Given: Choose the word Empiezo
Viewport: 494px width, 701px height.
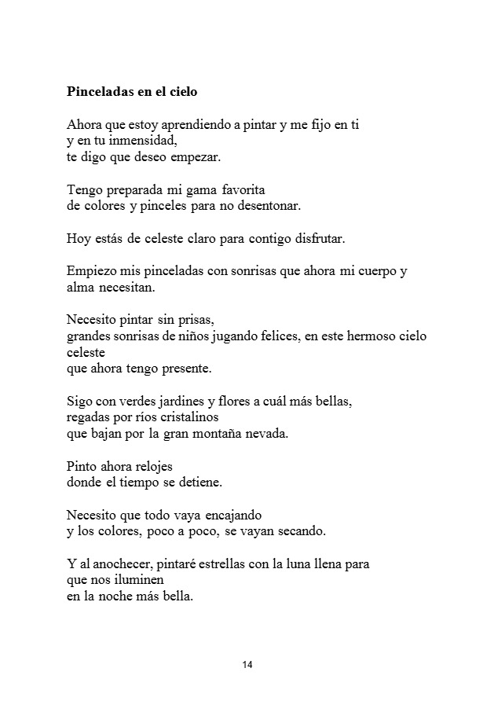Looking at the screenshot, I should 91,272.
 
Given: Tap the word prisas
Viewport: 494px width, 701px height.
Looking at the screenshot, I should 194,321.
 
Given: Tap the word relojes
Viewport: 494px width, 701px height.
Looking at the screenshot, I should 148,466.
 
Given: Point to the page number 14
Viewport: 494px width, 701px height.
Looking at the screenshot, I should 247,666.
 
